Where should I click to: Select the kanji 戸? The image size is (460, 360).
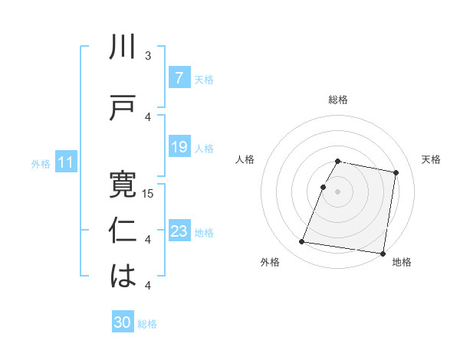coord(123,109)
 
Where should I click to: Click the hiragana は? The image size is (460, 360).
coord(123,277)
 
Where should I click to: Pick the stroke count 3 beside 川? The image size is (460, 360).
coord(148,56)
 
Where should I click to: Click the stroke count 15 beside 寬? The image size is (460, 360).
coord(149,194)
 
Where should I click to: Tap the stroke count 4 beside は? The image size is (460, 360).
coord(148,286)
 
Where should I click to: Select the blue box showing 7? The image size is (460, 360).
coord(179,78)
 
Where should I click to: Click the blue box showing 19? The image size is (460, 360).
coord(179,147)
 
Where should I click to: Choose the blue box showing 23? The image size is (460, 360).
coord(179,231)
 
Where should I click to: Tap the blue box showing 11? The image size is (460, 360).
coord(65,162)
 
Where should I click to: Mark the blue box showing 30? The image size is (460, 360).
coord(123,323)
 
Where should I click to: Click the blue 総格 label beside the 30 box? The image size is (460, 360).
coord(147,324)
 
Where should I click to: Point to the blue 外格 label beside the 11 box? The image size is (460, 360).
coord(41,163)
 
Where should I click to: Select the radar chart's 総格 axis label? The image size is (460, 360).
coord(338,100)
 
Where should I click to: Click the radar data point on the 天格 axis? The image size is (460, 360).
coord(396,173)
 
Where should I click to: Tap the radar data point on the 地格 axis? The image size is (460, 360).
coord(383,253)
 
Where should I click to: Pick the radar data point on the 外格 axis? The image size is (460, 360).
coord(302,242)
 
